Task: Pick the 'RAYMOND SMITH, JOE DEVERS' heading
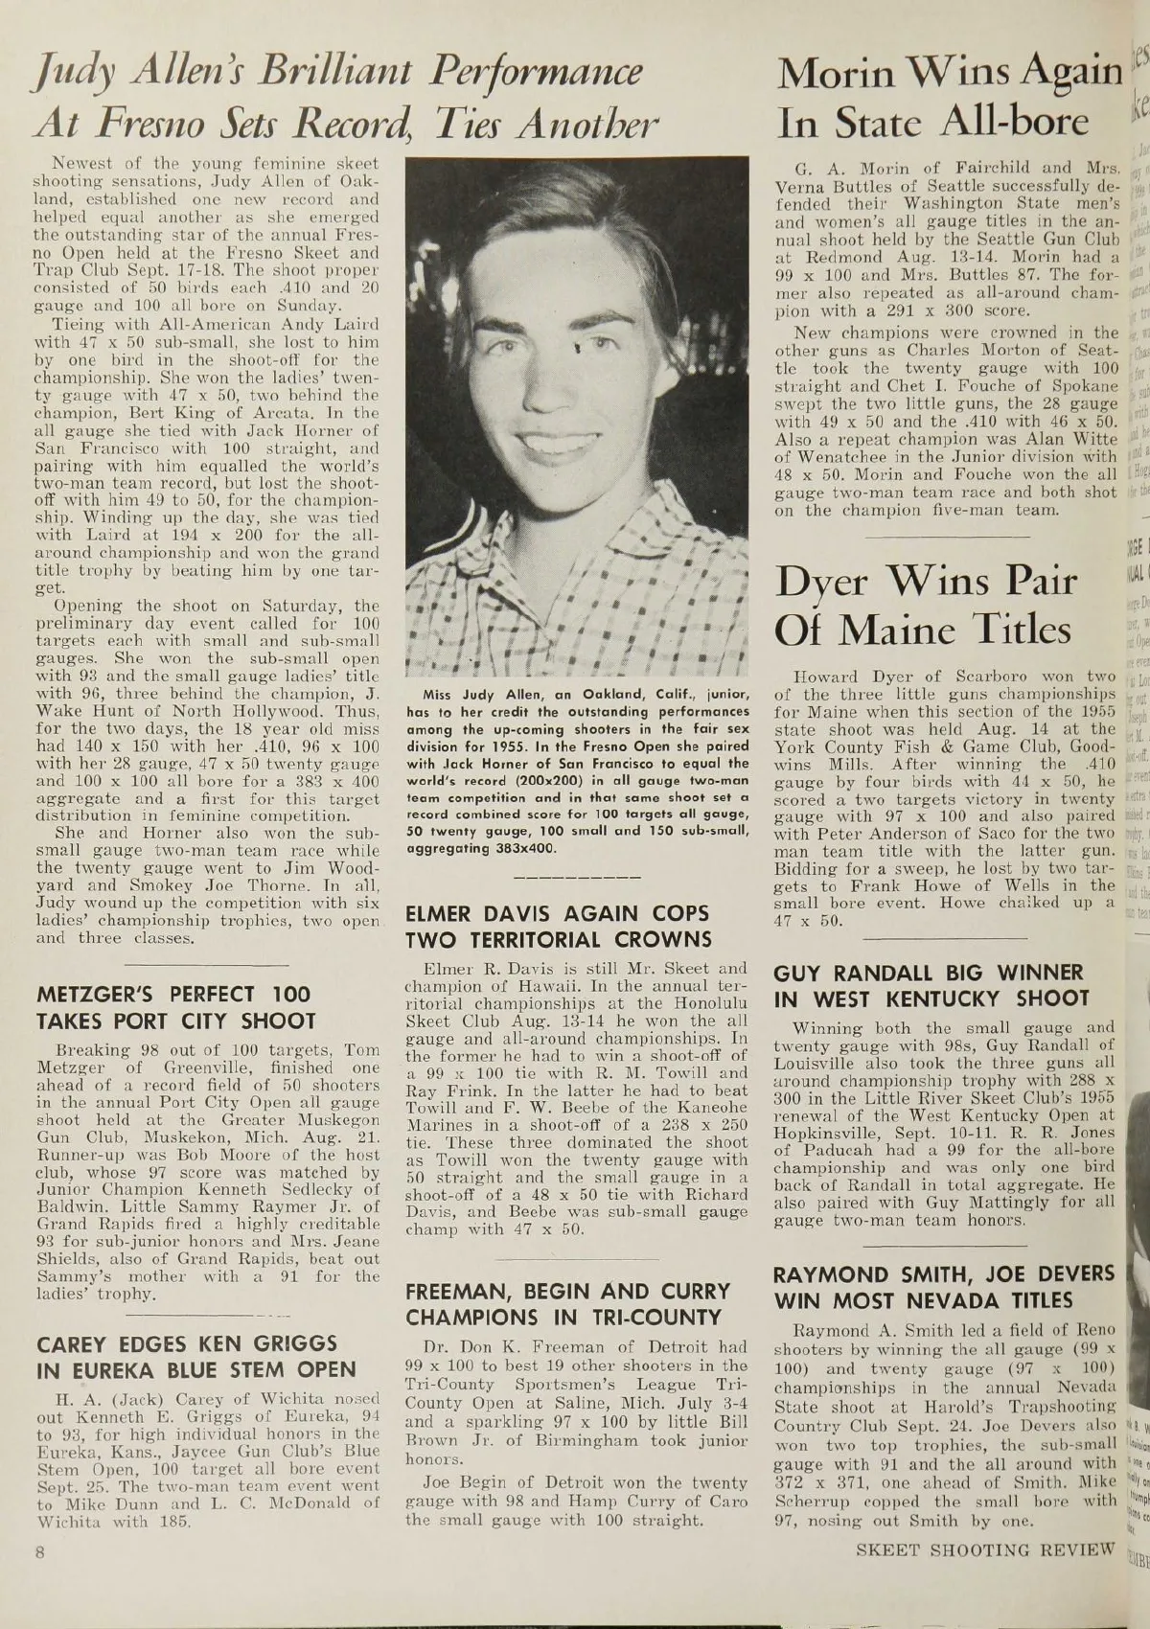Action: coord(944,1287)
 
